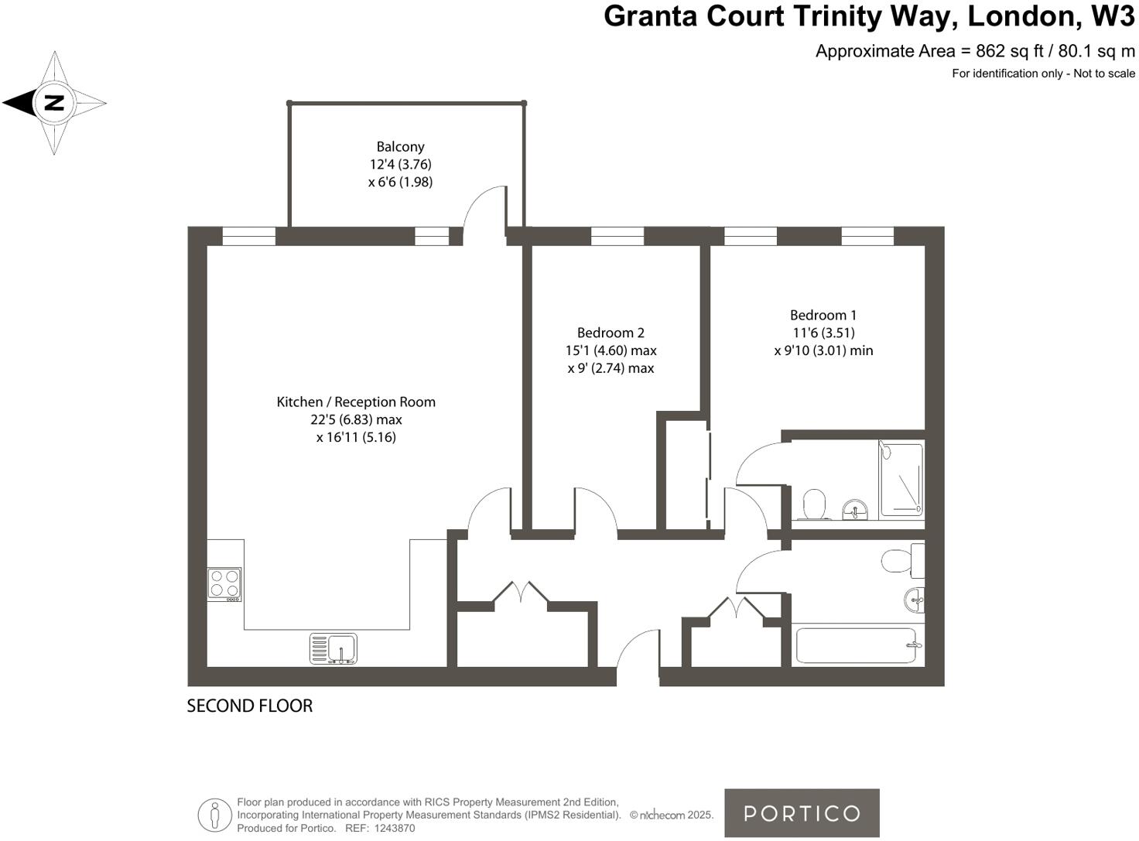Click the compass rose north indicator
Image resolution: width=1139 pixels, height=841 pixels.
pos(53,102)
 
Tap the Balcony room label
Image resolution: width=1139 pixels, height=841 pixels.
pos(400,146)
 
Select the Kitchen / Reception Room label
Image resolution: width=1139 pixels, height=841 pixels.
pos(356,402)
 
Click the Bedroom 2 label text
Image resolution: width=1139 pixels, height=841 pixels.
pos(611,333)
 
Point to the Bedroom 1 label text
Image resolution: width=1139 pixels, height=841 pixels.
pos(823,315)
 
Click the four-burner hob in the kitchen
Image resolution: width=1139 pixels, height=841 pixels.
pos(224,584)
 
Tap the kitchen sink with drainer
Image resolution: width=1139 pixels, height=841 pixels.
pos(333,649)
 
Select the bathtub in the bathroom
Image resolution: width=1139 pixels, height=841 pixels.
pos(857,645)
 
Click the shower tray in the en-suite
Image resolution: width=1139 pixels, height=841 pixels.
pos(901,478)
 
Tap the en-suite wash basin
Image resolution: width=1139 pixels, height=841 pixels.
pos(854,509)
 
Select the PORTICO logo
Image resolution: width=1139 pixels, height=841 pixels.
pos(802,813)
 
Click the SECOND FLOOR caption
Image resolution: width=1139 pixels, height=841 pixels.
pos(249,706)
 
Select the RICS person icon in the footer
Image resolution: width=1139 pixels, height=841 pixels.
pos(214,815)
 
